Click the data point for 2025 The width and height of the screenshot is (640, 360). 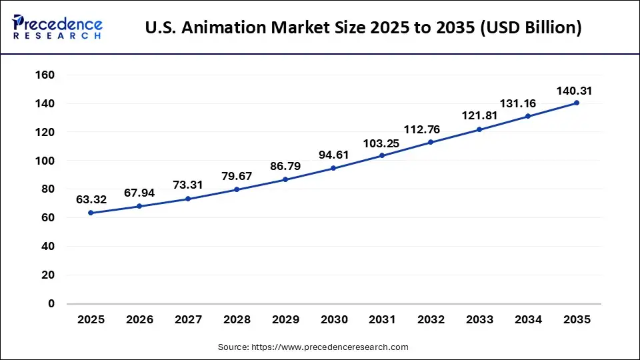click(x=91, y=213)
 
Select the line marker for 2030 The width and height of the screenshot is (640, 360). click(x=333, y=168)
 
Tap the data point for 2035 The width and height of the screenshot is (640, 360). click(x=577, y=103)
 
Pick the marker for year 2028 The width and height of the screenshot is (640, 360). click(x=237, y=189)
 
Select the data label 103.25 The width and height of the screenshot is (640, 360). click(x=382, y=143)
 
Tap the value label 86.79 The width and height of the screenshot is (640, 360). click(x=285, y=165)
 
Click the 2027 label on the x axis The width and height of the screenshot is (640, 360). click(x=188, y=320)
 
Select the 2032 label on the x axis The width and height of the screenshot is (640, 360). click(x=431, y=320)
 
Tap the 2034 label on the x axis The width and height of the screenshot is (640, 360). click(x=528, y=320)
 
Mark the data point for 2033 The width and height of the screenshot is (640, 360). click(x=479, y=129)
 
